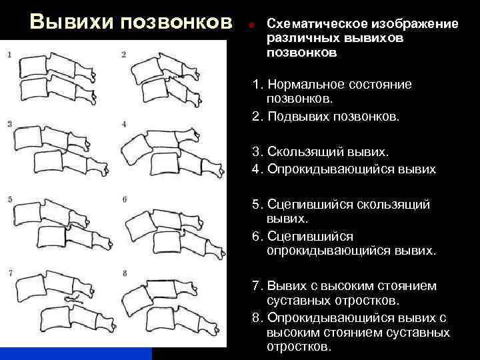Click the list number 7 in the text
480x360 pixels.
[x=256, y=286]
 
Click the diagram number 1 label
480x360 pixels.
[x=9, y=54]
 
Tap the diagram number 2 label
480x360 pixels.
[x=124, y=54]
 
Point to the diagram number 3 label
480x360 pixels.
[x=9, y=124]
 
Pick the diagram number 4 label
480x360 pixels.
[x=125, y=124]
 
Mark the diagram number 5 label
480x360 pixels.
[x=9, y=199]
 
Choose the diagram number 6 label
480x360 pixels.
[x=125, y=199]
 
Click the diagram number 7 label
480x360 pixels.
[x=9, y=274]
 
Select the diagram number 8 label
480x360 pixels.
[x=125, y=274]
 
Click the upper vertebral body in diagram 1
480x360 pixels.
[x=33, y=66]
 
